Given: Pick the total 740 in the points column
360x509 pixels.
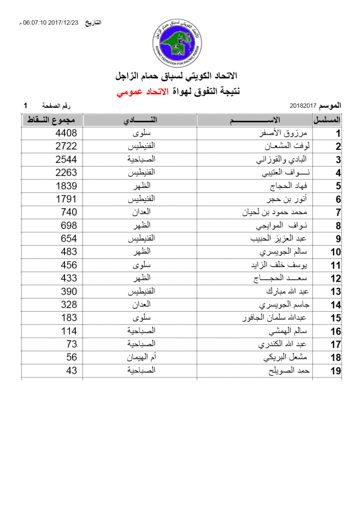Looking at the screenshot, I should (69, 212).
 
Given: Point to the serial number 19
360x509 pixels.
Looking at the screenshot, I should (336, 371).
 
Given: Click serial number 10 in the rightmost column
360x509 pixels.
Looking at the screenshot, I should (336, 252).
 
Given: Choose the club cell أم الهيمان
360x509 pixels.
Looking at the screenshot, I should (141, 358).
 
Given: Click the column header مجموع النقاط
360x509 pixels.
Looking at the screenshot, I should (51, 120).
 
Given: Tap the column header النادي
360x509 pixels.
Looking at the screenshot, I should (141, 120).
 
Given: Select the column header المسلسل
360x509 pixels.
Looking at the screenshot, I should (327, 120).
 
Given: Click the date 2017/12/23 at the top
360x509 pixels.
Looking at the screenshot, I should (63, 23).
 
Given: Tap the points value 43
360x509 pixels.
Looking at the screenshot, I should (72, 370).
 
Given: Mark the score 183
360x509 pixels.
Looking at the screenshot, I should (69, 318).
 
